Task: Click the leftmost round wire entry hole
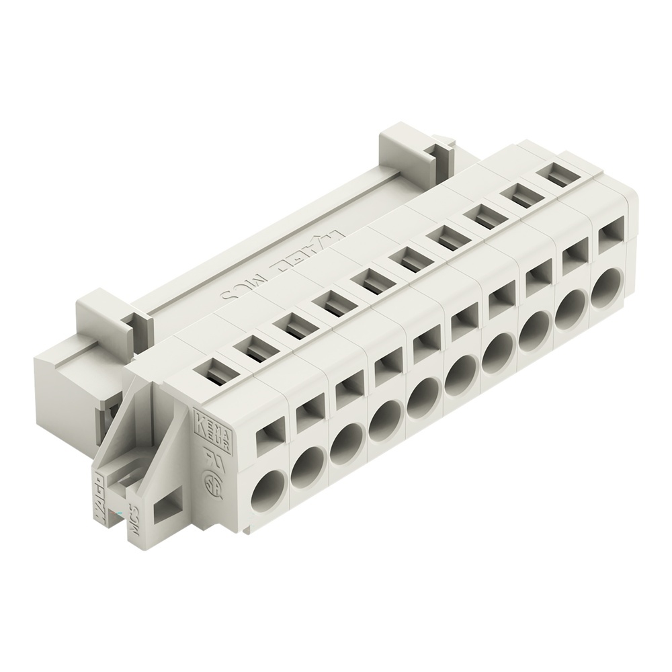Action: point(269,489)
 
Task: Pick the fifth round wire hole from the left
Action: point(422,398)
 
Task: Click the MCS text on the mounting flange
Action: point(132,518)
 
